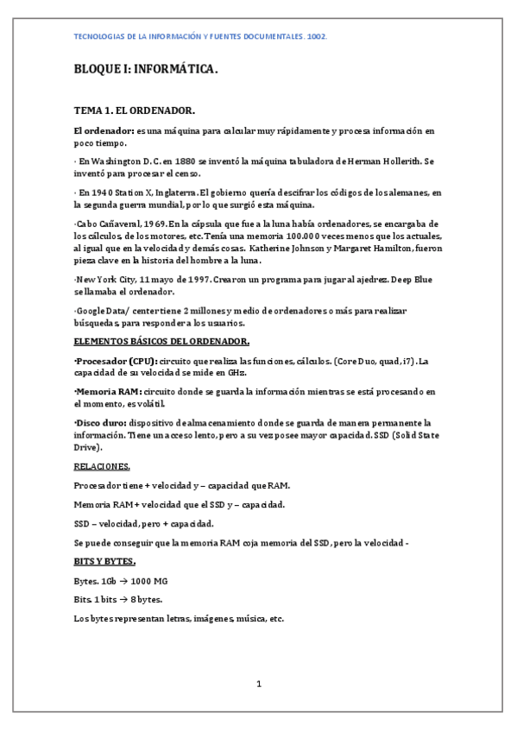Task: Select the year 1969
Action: click(148, 224)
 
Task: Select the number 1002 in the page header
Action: click(317, 38)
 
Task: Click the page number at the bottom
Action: click(258, 685)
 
